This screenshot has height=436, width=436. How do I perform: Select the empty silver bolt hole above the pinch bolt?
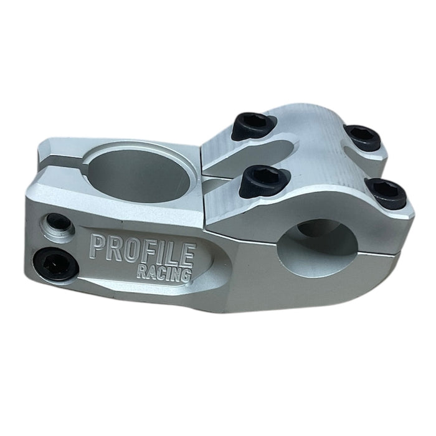coord(58,223)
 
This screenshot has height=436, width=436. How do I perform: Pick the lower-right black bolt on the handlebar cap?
coord(387,192)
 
